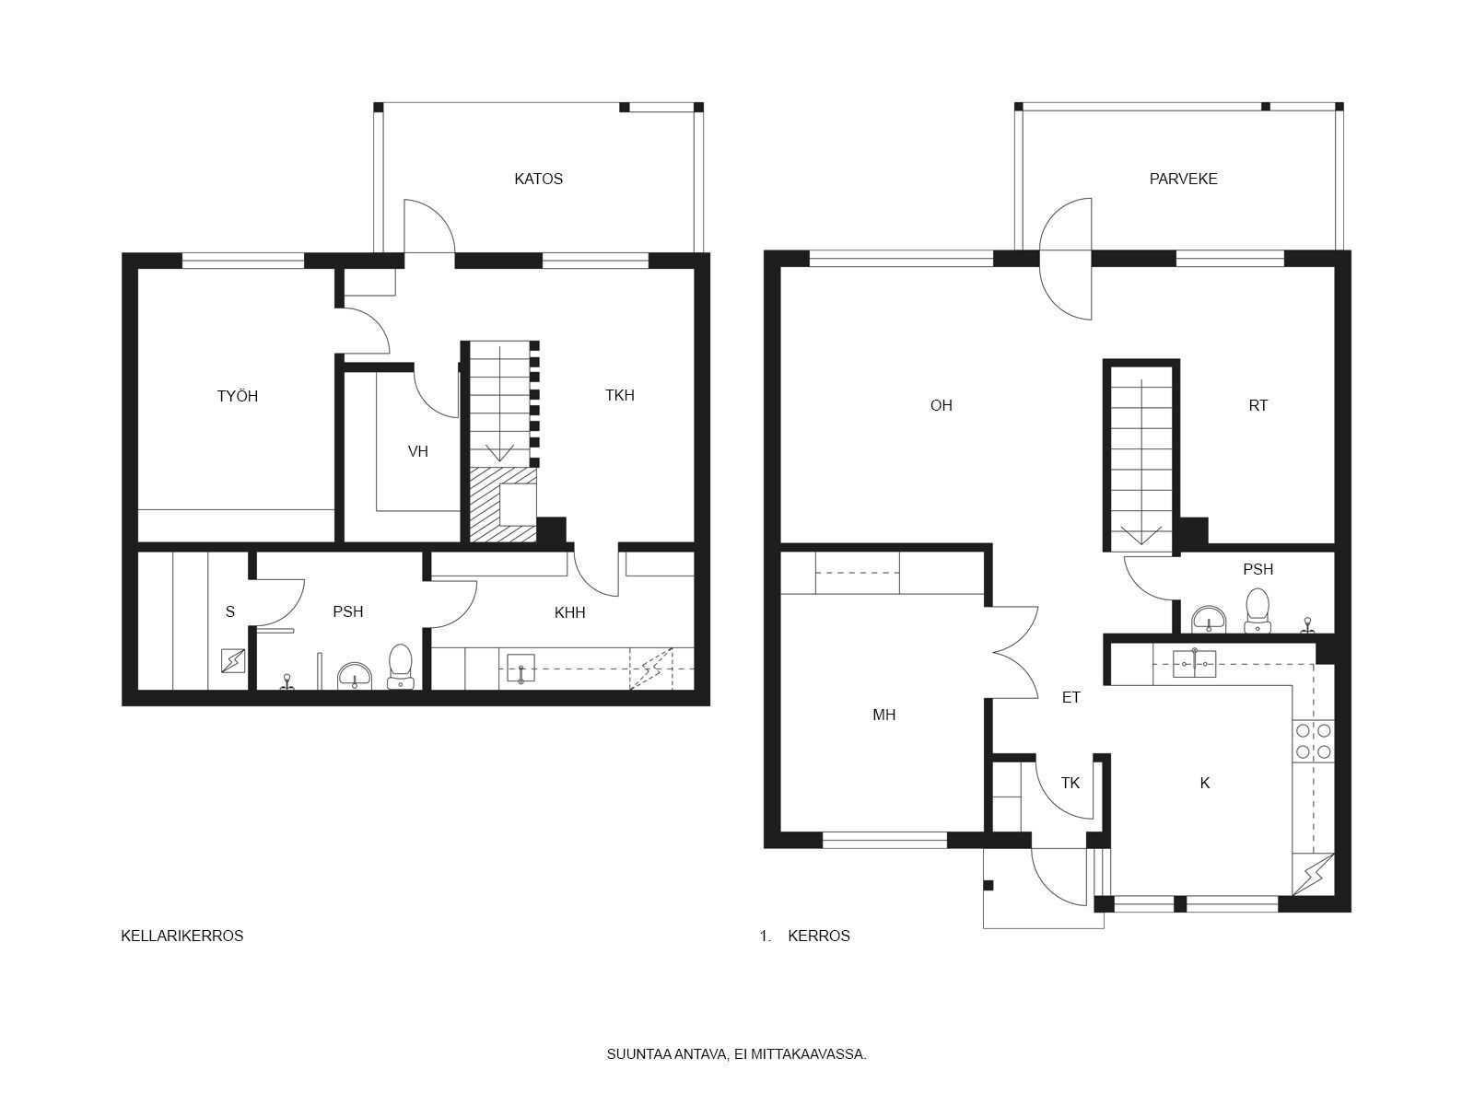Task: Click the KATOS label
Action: point(538,180)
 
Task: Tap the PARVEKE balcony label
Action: point(1183,180)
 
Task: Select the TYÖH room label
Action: point(237,396)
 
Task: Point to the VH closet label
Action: point(417,451)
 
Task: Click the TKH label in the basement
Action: point(619,395)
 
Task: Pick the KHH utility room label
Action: point(569,612)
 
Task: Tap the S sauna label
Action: point(230,611)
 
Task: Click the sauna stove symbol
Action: point(233,661)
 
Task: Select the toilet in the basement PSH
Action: point(400,667)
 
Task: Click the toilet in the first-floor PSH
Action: point(1258,611)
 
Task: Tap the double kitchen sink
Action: point(1195,664)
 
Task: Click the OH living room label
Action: point(941,405)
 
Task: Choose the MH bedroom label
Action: point(883,715)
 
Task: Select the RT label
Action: point(1258,405)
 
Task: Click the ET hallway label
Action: point(1071,698)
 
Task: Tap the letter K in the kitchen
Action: point(1205,783)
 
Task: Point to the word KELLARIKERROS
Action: point(182,936)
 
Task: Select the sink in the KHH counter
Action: point(521,669)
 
